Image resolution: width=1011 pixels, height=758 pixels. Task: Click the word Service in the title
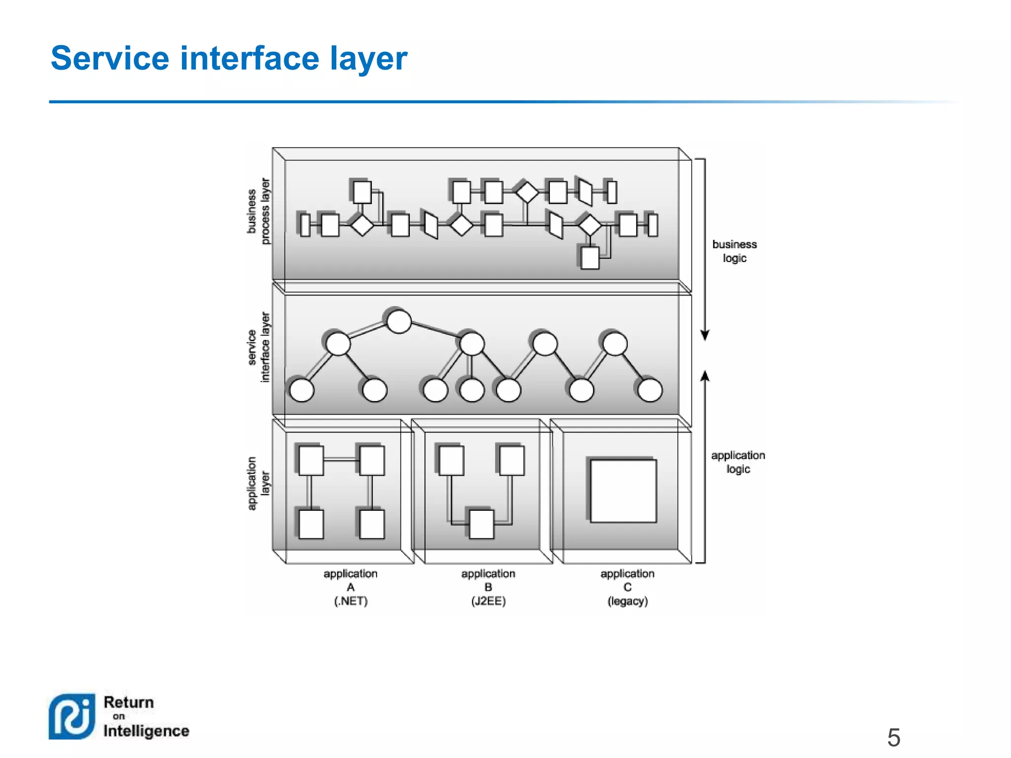110,58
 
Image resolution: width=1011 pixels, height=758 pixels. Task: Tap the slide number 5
894,738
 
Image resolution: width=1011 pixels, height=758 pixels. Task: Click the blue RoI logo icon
72,717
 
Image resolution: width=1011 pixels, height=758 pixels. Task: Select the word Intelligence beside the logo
146,731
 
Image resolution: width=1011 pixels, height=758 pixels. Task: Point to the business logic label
734,251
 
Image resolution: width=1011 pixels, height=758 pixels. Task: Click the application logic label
738,462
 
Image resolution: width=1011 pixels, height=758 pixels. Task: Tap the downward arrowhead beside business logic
705,335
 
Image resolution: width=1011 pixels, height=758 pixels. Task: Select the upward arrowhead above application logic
705,377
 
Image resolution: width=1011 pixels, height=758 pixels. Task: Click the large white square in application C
623,491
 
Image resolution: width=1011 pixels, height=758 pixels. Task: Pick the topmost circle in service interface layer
399,322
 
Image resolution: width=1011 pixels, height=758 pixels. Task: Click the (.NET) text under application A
350,601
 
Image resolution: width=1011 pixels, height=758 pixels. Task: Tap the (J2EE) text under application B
488,601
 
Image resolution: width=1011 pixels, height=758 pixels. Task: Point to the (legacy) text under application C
627,601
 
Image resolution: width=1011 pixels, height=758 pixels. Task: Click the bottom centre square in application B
481,524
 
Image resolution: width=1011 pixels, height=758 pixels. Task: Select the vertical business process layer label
259,212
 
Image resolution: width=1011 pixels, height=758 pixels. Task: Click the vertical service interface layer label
259,347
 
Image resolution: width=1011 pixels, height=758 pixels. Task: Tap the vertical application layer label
259,484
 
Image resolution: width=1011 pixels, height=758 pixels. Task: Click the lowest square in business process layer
589,258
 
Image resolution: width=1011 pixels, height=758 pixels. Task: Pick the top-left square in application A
311,460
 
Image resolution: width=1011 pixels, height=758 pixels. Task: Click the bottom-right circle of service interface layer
650,390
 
